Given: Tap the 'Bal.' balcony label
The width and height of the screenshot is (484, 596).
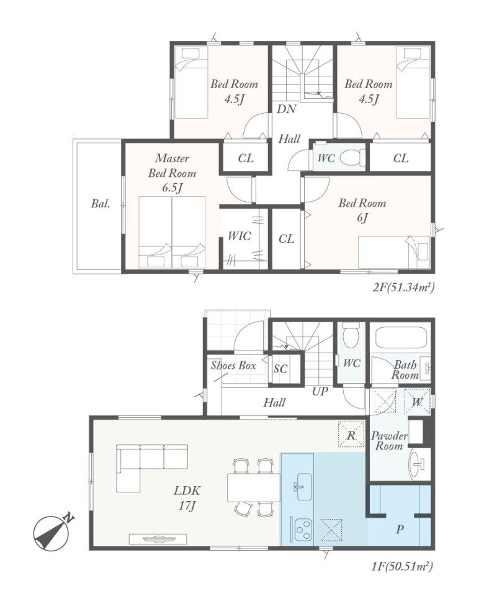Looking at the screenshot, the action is (x=101, y=204).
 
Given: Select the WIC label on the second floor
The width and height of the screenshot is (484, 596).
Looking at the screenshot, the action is (x=240, y=236).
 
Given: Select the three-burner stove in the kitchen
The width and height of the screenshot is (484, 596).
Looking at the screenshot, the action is (x=302, y=529).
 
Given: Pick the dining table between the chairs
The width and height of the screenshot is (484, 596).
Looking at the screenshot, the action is (x=254, y=487).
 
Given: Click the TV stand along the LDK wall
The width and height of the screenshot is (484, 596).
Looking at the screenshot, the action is (x=158, y=539).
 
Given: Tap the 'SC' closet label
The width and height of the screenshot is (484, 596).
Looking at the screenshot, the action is (x=280, y=369).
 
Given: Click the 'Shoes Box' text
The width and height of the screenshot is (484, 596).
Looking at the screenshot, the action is (x=233, y=366).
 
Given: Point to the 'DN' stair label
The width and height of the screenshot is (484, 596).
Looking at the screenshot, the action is (x=286, y=109).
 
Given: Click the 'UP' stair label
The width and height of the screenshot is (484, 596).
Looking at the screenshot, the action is (x=320, y=391).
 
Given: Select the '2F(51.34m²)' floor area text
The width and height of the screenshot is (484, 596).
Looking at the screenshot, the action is (x=403, y=287).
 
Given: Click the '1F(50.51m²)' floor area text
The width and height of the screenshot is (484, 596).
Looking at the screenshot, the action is (x=402, y=567).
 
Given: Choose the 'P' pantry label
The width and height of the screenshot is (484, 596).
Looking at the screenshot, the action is (x=399, y=529).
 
